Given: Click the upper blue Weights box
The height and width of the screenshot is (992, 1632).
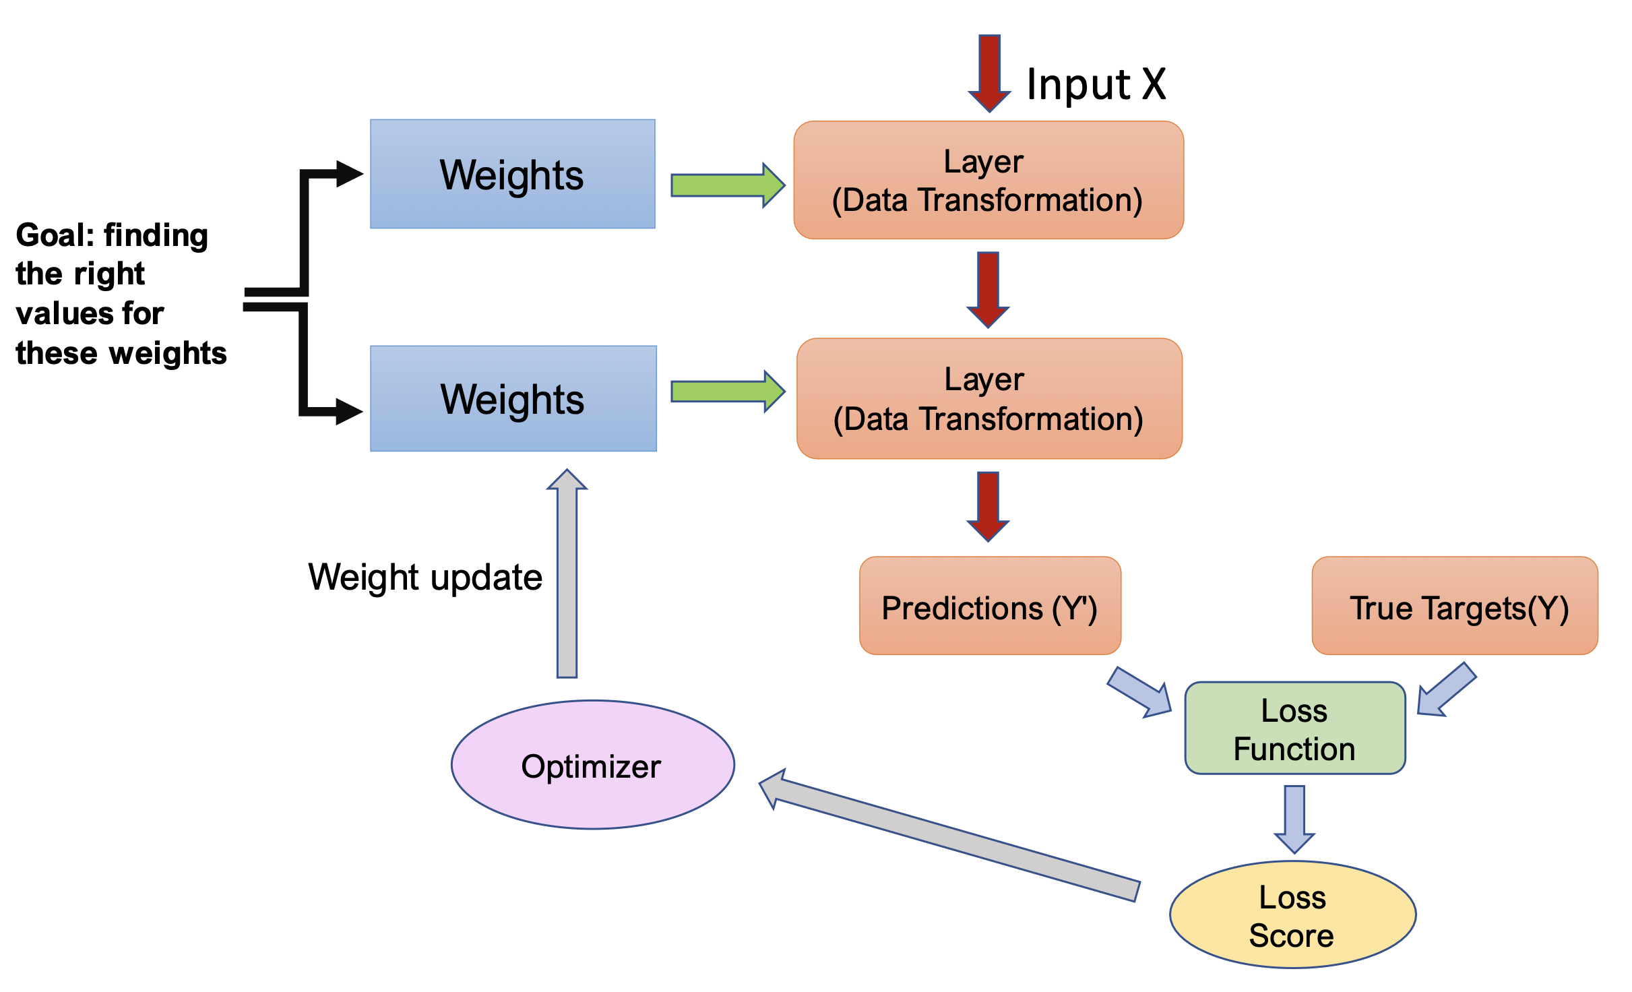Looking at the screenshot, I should pos(512,174).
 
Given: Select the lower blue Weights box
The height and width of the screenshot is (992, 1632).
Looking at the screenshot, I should pos(513,398).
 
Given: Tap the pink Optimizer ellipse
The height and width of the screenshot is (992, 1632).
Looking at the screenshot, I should pos(592,765).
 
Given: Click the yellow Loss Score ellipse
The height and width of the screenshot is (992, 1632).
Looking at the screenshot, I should pos(1292,914).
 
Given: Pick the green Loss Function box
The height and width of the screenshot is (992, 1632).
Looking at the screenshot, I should pos(1294,728).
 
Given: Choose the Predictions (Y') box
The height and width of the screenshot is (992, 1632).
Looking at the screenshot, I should pos(990,606).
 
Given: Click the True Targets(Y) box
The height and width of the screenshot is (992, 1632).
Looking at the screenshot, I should pos(1455,606).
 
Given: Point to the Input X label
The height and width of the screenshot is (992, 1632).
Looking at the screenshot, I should pos(1096,85).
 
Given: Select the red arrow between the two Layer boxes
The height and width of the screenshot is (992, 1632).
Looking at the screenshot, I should pos(988,289).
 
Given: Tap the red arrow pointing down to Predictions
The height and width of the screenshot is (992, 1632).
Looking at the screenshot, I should pos(988,505).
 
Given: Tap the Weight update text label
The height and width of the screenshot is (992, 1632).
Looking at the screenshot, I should pos(425,578).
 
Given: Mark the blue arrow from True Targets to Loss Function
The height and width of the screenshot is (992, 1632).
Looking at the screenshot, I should pos(1447,689).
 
